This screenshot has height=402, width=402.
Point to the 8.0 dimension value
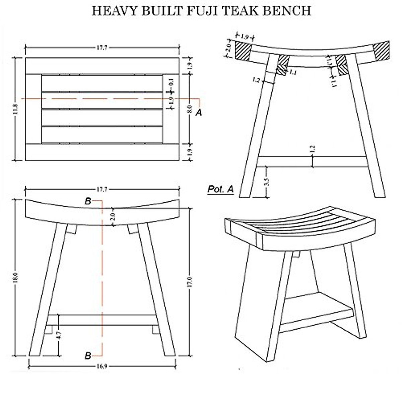pos(189,109)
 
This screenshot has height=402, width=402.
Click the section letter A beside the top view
pos(199,113)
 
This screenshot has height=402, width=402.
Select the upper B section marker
pos(88,201)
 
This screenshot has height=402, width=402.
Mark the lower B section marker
pos(88,355)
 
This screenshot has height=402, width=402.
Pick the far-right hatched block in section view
pos(382,51)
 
